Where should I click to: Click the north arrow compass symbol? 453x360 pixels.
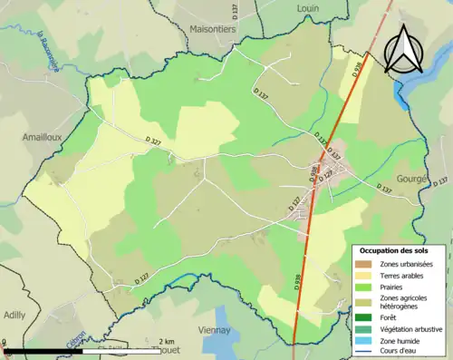pos(404,50)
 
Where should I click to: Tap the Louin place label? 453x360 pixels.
pos(308,7)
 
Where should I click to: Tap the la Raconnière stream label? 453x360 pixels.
pos(49,54)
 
